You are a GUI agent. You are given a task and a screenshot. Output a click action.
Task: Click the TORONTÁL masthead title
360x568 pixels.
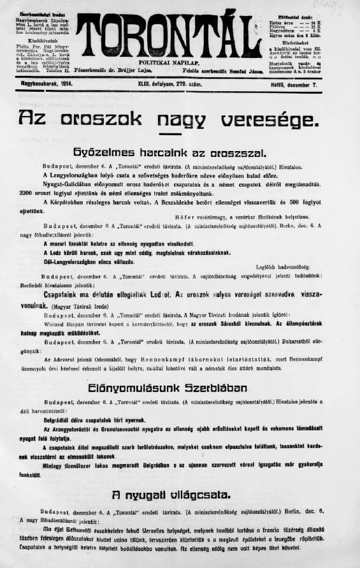click(x=168, y=34)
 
